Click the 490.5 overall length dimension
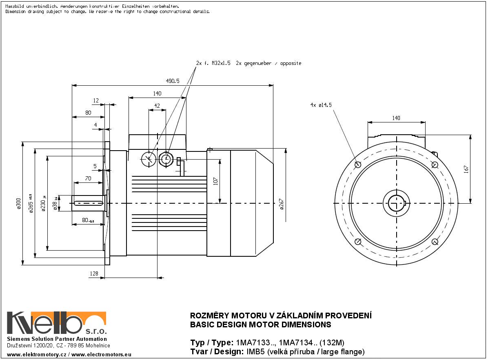coord(172,81)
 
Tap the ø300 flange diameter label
coord(18,203)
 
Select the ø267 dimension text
coord(282,203)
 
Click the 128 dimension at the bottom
coord(94,274)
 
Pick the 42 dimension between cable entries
coord(157,106)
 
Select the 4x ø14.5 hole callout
coord(321,105)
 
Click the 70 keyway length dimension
coord(88,178)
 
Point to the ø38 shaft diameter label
coord(55,203)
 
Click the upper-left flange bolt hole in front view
coord(358,165)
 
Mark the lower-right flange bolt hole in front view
coord(435,242)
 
